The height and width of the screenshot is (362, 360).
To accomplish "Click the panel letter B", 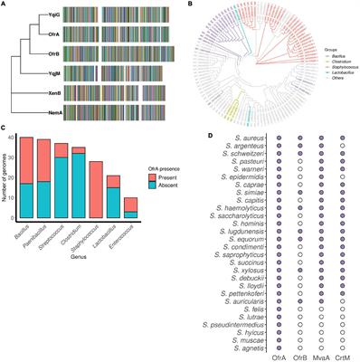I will tap(189, 5).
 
